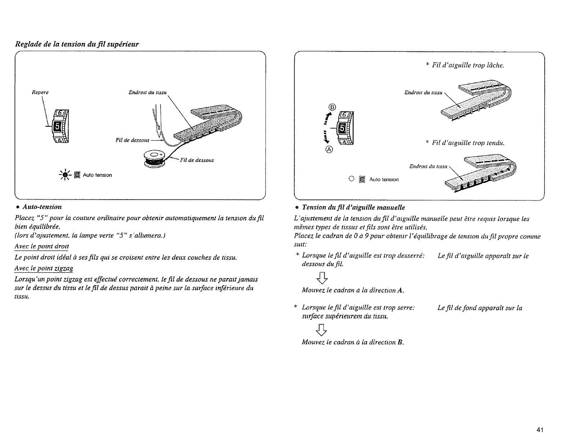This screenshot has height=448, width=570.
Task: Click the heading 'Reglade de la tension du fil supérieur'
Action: pyautogui.click(x=77, y=44)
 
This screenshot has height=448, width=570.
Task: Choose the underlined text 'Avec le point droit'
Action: pyautogui.click(x=42, y=246)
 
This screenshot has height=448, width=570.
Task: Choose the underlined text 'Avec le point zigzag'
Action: pyautogui.click(x=44, y=269)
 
